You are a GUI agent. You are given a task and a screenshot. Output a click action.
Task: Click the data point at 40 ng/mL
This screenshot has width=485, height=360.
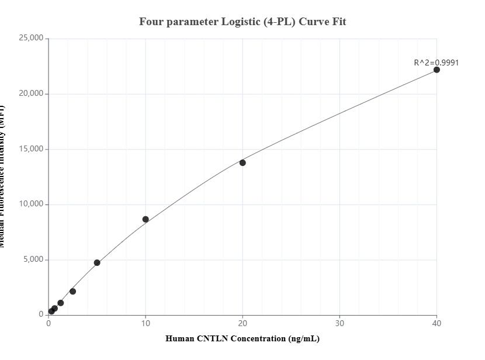pyautogui.click(x=437, y=70)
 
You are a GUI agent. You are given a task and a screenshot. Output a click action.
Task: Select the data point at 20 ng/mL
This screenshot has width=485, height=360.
pyautogui.click(x=243, y=162)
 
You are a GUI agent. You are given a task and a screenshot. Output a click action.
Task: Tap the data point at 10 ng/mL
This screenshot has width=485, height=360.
pyautogui.click(x=145, y=219)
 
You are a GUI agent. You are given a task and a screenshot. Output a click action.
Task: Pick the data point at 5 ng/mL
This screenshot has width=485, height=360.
pyautogui.click(x=97, y=263)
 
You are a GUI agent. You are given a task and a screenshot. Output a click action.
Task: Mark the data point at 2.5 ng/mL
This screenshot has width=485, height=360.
pyautogui.click(x=72, y=291)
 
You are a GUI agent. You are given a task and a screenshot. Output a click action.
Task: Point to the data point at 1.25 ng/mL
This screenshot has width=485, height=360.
pyautogui.click(x=61, y=303)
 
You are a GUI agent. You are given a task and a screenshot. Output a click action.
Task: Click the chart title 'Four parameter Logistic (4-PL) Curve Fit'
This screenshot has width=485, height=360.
pyautogui.click(x=243, y=22)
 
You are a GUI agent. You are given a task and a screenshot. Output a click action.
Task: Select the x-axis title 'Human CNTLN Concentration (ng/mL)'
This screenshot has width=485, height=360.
pyautogui.click(x=243, y=338)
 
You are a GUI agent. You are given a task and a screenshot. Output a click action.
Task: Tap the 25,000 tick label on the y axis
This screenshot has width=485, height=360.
pyautogui.click(x=31, y=39)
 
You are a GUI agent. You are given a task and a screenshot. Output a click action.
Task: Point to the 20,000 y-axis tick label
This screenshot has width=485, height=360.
pyautogui.click(x=31, y=94)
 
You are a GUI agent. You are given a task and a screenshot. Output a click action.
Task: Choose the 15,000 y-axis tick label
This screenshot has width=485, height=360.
pyautogui.click(x=31, y=149)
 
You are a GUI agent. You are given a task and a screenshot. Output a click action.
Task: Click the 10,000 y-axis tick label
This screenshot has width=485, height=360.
pyautogui.click(x=31, y=204)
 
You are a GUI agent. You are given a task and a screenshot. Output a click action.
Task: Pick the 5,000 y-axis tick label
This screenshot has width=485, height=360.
pyautogui.click(x=33, y=259)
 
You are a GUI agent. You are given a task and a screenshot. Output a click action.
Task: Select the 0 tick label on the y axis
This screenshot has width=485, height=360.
pyautogui.click(x=41, y=314)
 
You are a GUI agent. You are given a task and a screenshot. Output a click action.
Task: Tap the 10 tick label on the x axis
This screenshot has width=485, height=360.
pyautogui.click(x=145, y=323)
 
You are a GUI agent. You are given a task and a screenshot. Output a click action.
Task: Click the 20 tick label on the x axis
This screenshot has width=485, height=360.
pyautogui.click(x=243, y=323)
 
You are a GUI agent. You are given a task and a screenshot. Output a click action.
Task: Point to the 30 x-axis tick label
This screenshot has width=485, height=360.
pyautogui.click(x=340, y=323)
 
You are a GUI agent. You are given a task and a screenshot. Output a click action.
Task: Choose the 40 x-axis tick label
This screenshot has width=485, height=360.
pyautogui.click(x=437, y=323)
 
